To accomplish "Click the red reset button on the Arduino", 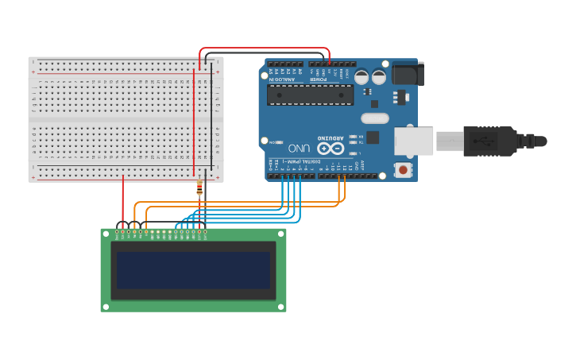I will [403, 169].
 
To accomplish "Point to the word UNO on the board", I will [299, 148].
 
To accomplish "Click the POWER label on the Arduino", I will [318, 79].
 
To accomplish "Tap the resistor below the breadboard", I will [199, 188].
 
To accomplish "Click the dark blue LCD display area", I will [193, 270].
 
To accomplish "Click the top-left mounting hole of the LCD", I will [106, 233].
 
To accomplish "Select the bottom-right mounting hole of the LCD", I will [280, 307].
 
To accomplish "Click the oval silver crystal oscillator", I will [374, 118].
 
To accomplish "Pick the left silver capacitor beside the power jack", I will [361, 77].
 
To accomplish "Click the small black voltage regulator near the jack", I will [398, 97].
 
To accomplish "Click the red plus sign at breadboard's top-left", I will [33, 72].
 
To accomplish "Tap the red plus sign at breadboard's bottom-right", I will [218, 177].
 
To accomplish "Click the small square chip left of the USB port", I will [372, 137].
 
